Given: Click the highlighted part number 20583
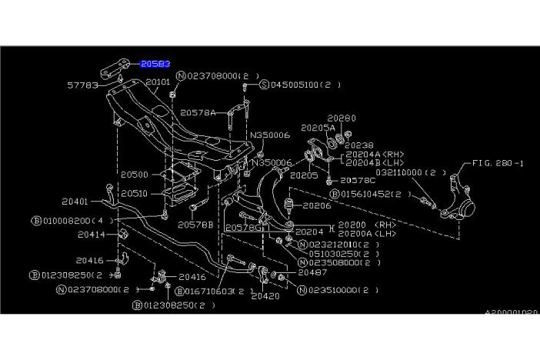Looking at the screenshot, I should coord(155,65).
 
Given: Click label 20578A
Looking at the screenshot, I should coord(198,112).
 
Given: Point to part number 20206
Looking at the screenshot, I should coord(316,206).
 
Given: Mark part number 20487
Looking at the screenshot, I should coord(313,272).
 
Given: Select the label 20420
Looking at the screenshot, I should coord(263,295).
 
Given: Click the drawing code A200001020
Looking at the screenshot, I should coord(511,312).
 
